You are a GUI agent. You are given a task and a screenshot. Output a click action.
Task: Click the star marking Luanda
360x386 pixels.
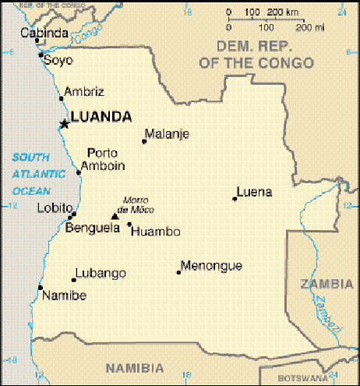pyautogui.click(x=65, y=123)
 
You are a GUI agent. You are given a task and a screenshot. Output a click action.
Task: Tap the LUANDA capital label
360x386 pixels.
pyautogui.click(x=101, y=117)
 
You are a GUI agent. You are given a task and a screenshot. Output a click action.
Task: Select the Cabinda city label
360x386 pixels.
pyautogui.click(x=43, y=33)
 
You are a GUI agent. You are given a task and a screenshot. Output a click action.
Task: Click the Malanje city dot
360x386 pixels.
pyautogui.click(x=144, y=141)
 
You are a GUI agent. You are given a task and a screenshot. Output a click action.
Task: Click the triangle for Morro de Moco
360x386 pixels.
pyautogui.click(x=115, y=216)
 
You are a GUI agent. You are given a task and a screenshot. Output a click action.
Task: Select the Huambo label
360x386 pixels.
pyautogui.click(x=156, y=232)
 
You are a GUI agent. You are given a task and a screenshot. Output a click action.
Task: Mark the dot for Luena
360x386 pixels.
pyautogui.click(x=234, y=199)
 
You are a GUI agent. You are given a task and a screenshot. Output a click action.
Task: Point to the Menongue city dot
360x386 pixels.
pyautogui.click(x=178, y=272)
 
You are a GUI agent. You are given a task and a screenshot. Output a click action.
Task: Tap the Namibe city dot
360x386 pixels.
pyautogui.click(x=41, y=288)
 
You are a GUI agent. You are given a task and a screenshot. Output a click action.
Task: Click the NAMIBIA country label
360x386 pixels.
pyautogui.click(x=135, y=368)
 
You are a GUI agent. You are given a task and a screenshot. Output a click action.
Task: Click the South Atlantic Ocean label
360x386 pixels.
pyautogui.click(x=32, y=174)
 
